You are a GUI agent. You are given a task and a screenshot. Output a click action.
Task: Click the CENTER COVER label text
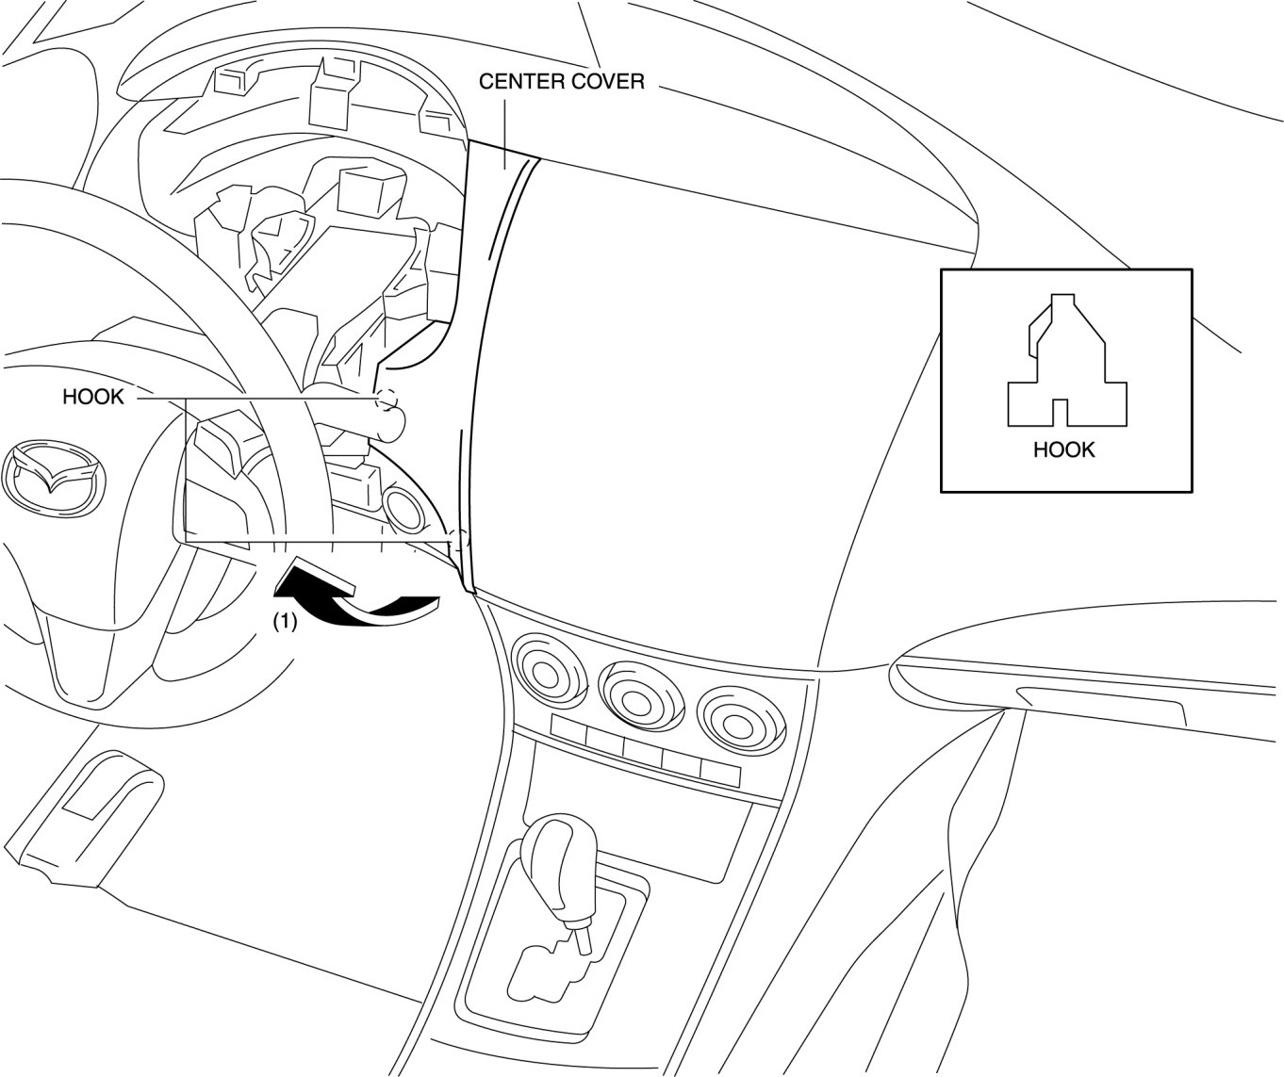[562, 81]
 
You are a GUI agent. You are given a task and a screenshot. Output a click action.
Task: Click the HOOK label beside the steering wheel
[92, 397]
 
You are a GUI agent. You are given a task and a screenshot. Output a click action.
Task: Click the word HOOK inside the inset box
[1063, 449]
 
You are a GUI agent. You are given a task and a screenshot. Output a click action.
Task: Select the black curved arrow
[354, 599]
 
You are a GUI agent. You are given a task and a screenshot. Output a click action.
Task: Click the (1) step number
[285, 622]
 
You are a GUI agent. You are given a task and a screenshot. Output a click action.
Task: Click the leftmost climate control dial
[544, 675]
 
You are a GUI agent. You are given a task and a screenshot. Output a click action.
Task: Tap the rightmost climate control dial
[732, 712]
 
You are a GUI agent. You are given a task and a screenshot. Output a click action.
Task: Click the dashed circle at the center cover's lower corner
[459, 544]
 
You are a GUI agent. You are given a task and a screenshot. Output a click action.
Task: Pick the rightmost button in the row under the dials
[720, 772]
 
